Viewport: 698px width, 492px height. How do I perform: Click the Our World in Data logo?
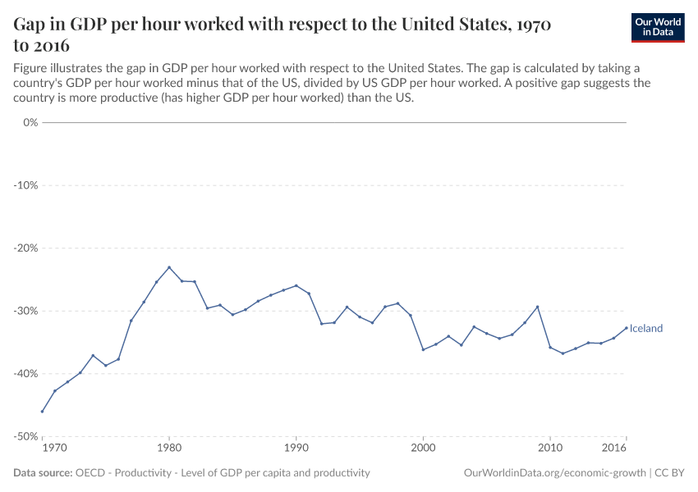pos(657,27)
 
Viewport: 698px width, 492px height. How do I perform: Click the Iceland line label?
pos(645,329)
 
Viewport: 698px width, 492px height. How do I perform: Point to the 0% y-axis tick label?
pos(30,122)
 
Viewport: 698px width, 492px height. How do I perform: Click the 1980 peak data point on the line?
pos(169,267)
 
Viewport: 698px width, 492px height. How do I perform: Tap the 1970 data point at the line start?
pos(42,412)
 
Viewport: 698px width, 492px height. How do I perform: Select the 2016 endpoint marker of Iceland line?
pos(626,328)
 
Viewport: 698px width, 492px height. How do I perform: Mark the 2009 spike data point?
pos(537,307)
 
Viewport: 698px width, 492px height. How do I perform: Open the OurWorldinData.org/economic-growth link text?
pos(554,473)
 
